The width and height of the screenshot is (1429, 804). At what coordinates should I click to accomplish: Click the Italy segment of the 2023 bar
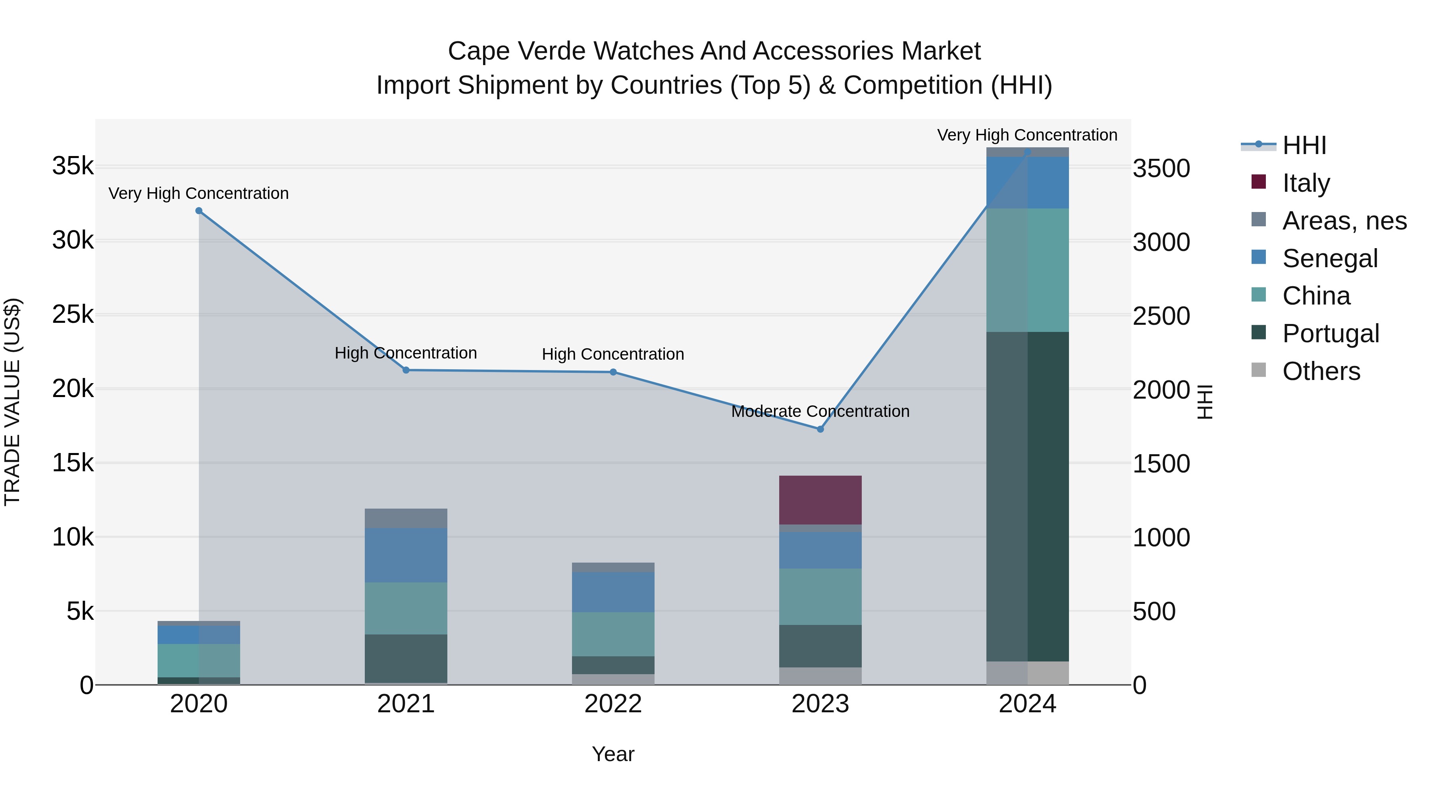click(x=820, y=499)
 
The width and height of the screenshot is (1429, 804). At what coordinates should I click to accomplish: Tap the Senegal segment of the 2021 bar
click(x=406, y=555)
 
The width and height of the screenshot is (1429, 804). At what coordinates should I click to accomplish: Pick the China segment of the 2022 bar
click(x=613, y=634)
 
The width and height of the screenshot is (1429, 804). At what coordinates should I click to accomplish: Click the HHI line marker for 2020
click(x=198, y=211)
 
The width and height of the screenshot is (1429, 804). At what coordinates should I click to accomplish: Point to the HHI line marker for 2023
click(x=820, y=429)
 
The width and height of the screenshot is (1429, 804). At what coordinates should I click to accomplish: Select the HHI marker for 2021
click(x=406, y=370)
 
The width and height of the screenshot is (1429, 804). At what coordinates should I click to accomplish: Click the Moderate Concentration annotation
click(x=820, y=411)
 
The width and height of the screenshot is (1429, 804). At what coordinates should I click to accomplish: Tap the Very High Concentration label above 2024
click(x=1027, y=135)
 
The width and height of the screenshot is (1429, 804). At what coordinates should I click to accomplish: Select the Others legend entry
click(x=1321, y=371)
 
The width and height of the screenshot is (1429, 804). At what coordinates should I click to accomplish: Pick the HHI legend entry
click(x=1304, y=145)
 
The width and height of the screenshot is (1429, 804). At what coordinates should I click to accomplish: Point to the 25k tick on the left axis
click(x=73, y=314)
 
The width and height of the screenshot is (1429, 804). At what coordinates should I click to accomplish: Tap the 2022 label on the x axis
click(x=613, y=704)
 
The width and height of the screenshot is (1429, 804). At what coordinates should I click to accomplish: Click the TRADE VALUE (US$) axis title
click(x=13, y=402)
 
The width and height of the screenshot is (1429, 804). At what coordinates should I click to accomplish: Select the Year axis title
click(x=613, y=754)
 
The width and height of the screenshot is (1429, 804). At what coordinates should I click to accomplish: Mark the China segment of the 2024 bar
click(x=1027, y=270)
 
